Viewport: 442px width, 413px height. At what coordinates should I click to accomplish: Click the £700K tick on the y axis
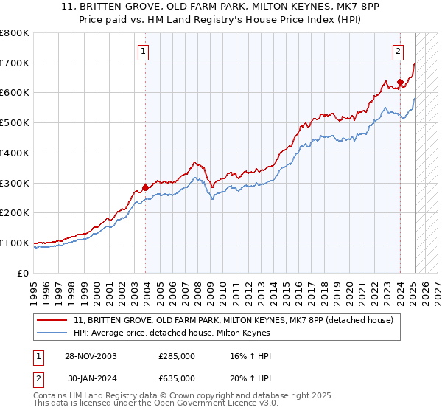[x=15, y=63]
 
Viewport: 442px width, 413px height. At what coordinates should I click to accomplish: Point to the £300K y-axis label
[x=15, y=183]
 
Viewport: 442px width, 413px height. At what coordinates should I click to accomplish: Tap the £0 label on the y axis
[x=24, y=273]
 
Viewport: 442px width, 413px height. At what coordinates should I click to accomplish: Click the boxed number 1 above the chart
[x=143, y=52]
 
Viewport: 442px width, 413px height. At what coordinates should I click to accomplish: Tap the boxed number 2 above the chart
[x=398, y=52]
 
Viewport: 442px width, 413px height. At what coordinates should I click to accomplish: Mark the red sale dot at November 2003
[x=145, y=187]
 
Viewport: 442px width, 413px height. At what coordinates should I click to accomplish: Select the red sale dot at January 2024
[x=400, y=82]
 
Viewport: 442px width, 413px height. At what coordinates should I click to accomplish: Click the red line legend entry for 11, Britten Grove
[x=234, y=320]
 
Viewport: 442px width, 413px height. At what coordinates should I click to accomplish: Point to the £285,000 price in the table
[x=176, y=356]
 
